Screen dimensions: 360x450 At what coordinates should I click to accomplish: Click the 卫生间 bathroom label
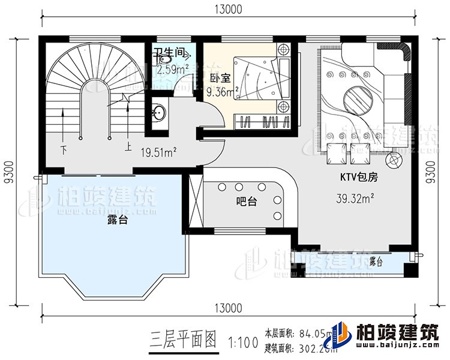coord(167,53)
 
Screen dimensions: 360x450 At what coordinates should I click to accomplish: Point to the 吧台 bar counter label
coord(247,202)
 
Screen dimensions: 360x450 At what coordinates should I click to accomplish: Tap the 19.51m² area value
coord(158,152)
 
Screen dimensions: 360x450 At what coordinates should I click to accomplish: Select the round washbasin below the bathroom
coord(158,112)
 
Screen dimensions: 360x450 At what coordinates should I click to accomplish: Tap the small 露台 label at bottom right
coord(376,262)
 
